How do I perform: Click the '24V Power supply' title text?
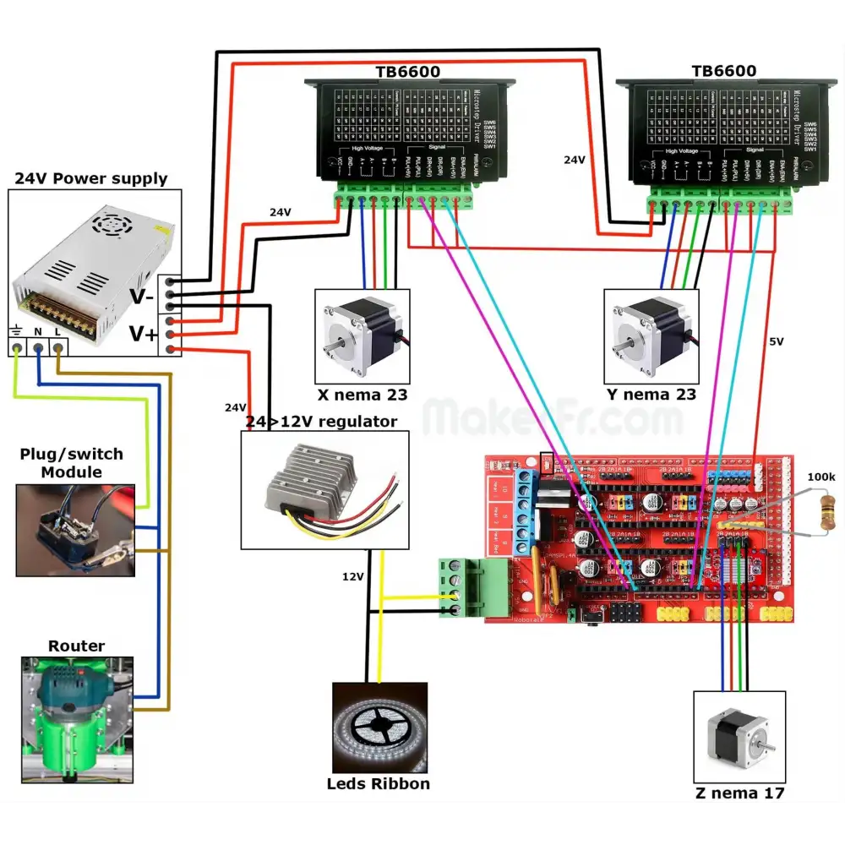(92, 179)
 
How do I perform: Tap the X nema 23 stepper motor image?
(362, 335)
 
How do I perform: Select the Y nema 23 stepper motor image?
(651, 335)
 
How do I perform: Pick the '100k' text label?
(820, 477)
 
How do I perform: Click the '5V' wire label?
(777, 343)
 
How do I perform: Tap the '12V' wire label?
(353, 576)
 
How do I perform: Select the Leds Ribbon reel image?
(379, 726)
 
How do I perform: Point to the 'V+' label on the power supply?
(143, 334)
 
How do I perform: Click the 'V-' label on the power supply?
(141, 296)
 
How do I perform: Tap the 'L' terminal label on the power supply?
(57, 333)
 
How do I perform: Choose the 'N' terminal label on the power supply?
(37, 333)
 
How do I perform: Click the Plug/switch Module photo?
(75, 530)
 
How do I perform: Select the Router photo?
(76, 719)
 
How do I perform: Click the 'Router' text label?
(76, 646)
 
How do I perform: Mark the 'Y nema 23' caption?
(651, 395)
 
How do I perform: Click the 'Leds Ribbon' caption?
(379, 784)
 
